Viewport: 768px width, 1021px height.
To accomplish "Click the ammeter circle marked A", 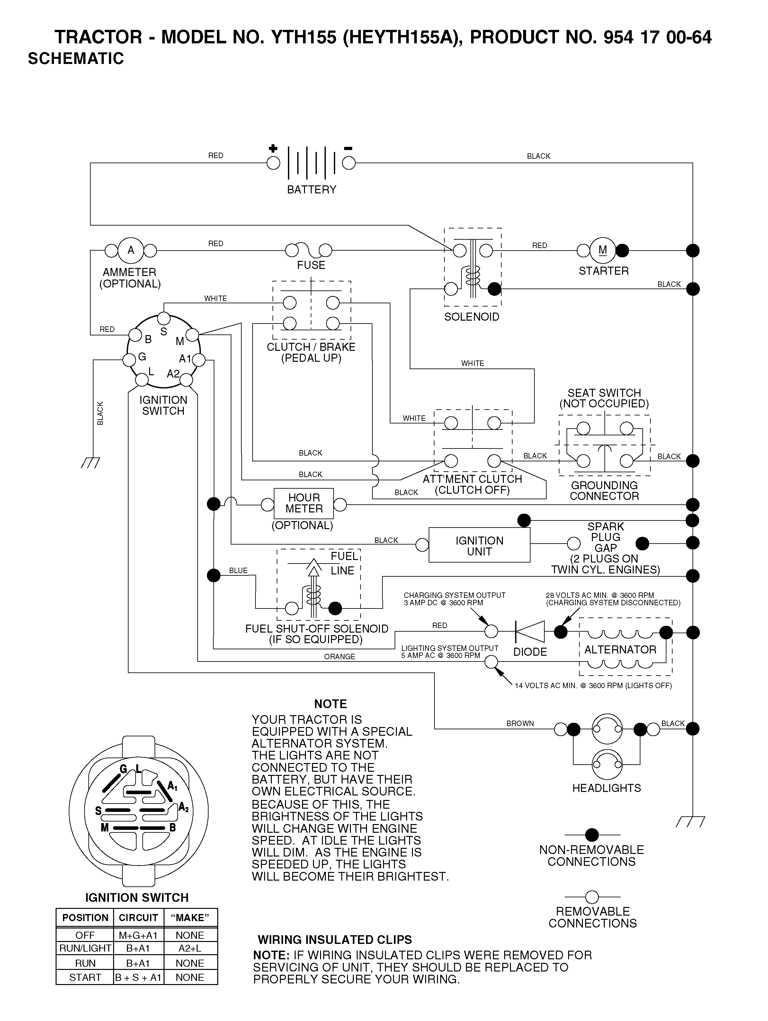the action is coord(131,250).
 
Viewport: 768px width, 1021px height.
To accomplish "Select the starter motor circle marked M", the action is coord(603,250).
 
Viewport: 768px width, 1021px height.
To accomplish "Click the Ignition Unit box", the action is coord(479,545).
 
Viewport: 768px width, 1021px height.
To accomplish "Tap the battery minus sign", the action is coord(348,148).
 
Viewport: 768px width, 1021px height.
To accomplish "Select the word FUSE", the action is coord(311,265).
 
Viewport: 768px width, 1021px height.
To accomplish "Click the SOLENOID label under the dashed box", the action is coord(472,317).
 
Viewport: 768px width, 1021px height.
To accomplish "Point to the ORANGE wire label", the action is coord(340,656).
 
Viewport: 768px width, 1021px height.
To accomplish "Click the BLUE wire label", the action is coord(239,571).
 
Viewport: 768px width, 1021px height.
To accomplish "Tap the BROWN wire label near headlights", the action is coord(520,723).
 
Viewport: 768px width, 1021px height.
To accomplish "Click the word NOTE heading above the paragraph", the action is coord(330,704).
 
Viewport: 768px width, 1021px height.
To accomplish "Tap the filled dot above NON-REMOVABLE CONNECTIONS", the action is coord(592,835).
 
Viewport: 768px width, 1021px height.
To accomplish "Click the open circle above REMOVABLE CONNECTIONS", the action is coord(592,897).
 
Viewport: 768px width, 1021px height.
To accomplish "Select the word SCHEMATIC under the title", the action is coord(76,58).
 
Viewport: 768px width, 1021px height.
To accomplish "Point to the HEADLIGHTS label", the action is coord(606,788).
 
